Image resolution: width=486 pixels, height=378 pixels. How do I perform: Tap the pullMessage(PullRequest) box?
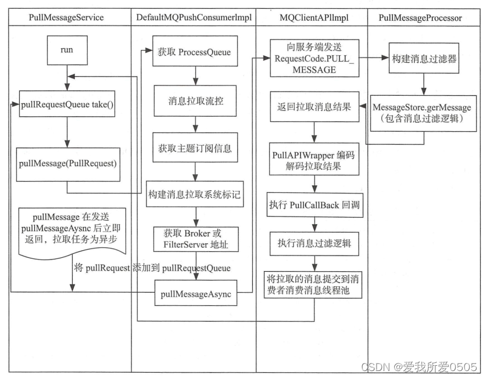67,163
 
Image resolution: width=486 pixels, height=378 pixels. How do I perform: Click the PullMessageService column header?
66,17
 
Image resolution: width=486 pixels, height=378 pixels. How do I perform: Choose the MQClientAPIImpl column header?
312,17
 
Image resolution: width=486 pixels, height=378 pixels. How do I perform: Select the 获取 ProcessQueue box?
192,53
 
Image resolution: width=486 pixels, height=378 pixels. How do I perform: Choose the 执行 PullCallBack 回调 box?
314,204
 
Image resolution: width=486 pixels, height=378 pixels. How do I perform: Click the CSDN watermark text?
419,367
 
